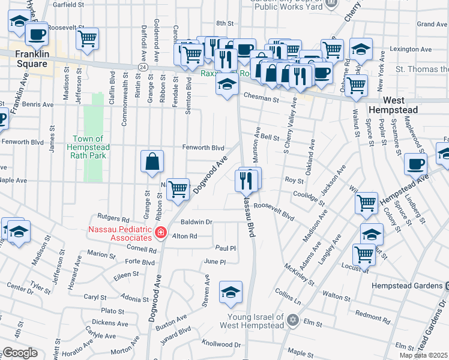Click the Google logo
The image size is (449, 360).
(20, 353)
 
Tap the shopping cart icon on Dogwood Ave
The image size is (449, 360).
(178, 189)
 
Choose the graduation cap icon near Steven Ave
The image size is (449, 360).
(231, 292)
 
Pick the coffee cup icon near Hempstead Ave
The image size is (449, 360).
(415, 164)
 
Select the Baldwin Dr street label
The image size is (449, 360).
(197, 222)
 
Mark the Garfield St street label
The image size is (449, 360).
(68, 4)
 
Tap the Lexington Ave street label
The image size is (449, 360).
(411, 49)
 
